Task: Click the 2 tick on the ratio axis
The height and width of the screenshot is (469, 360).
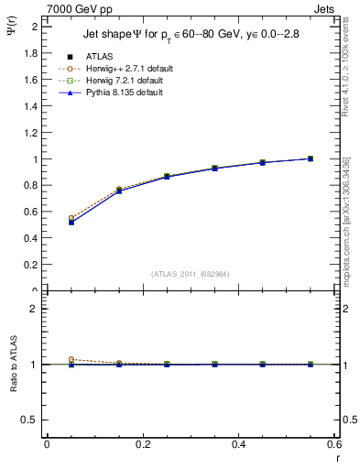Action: click(37, 309)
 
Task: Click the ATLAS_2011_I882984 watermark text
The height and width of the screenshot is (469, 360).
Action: click(191, 273)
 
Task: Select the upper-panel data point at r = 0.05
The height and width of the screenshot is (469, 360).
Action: click(71, 222)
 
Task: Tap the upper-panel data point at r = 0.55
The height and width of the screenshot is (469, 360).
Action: click(311, 158)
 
